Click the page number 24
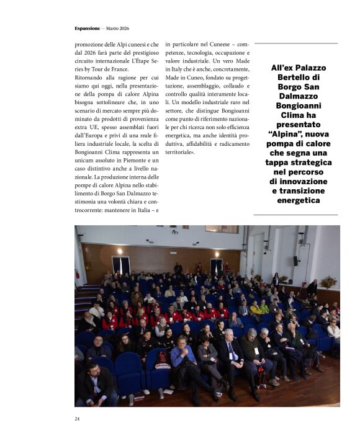[x=77, y=419]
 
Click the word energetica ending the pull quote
[x=295, y=200]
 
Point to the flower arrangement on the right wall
[x=328, y=282]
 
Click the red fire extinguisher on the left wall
[x=78, y=274]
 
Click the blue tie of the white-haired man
[x=229, y=353]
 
